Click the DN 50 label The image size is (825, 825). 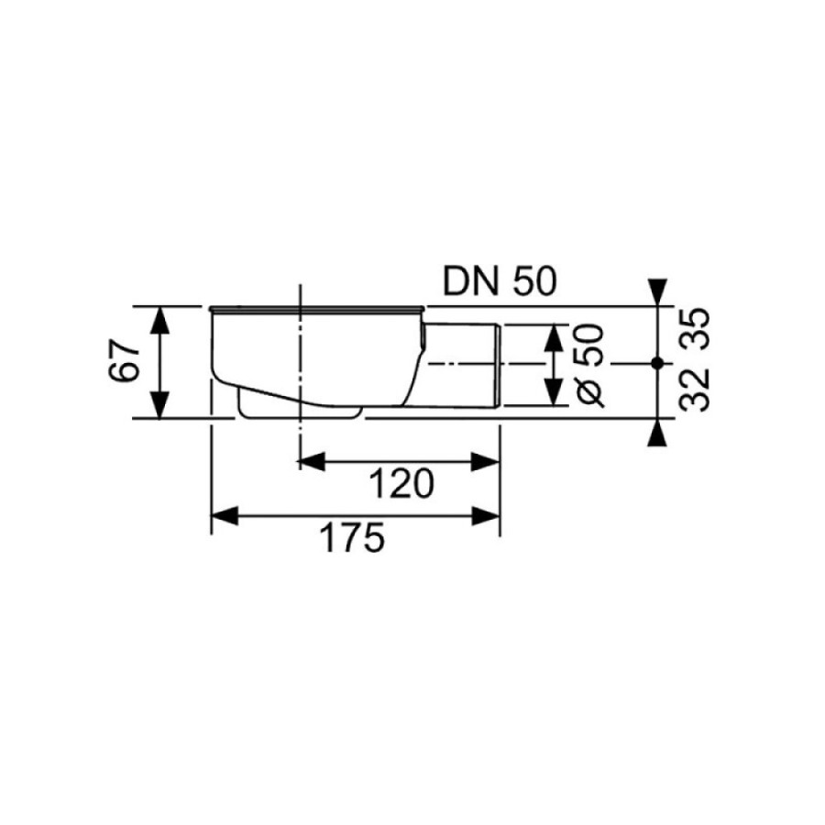pyautogui.click(x=500, y=281)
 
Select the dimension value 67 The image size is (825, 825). pyautogui.click(x=125, y=362)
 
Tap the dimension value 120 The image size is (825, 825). pyautogui.click(x=402, y=484)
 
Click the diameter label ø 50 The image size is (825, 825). pyautogui.click(x=589, y=366)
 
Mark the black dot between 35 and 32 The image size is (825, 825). pyautogui.click(x=656, y=363)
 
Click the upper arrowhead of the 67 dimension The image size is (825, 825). pyautogui.click(x=159, y=320)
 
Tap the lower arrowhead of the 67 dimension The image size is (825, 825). pyautogui.click(x=159, y=405)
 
